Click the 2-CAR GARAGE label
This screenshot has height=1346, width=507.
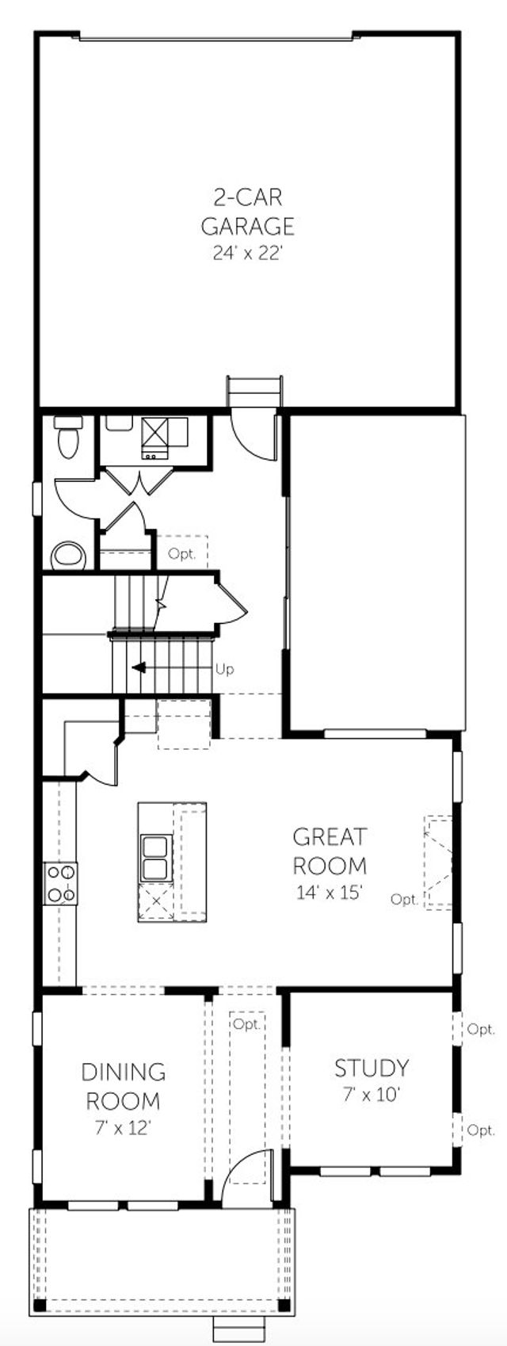coord(247,211)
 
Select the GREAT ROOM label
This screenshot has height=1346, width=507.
coord(330,850)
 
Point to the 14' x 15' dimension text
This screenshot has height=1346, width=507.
coord(330,893)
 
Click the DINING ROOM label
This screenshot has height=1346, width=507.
coord(124,1086)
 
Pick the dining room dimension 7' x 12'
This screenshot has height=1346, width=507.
coord(124,1127)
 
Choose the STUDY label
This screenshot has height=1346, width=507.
coord(371,1068)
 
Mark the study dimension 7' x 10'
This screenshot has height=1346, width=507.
coord(371,1096)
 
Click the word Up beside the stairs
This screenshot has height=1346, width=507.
coord(225,670)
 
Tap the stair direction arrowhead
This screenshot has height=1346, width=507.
coord(138,667)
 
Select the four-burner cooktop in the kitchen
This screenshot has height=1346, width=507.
coord(60,882)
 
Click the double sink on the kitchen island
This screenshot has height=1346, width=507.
coord(155,858)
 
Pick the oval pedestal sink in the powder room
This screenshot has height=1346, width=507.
coord(67,556)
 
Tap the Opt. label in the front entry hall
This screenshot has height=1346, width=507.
coord(247,1023)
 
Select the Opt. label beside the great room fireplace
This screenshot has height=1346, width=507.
coord(405,899)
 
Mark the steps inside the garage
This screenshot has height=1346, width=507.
coord(254,392)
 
